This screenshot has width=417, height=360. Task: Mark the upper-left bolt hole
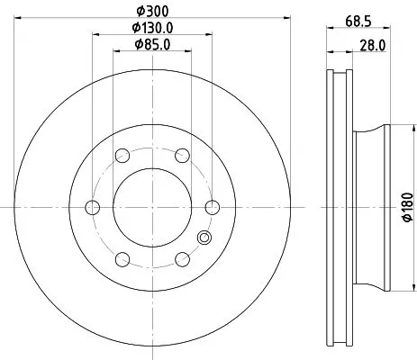(122, 156)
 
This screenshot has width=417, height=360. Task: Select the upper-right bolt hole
(181, 156)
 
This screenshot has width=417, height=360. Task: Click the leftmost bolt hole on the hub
(92, 208)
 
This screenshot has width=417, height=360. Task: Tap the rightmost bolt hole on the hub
(212, 208)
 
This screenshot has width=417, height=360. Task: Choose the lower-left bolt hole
(122, 259)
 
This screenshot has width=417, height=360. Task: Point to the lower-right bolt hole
(181, 259)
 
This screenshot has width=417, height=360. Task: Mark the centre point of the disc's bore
(151, 208)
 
